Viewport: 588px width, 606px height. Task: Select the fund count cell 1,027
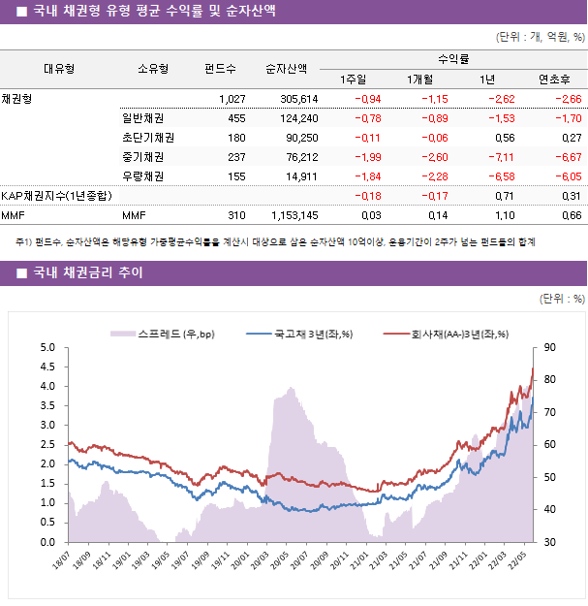(232, 99)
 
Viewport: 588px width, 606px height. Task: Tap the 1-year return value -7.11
(500, 157)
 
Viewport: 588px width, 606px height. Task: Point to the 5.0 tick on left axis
(47, 347)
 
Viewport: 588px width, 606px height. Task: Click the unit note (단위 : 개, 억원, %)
(540, 38)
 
